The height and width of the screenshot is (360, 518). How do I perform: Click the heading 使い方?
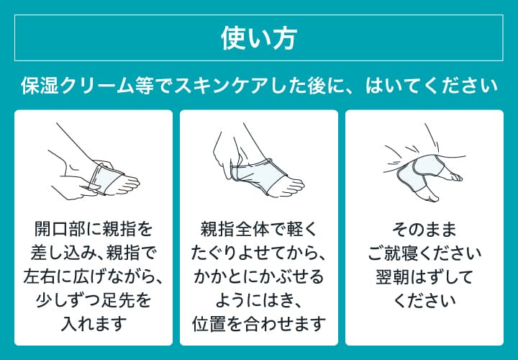point(259,38)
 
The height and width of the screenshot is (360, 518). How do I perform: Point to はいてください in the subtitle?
point(431,86)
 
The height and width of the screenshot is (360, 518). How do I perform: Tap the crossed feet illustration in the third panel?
point(424,163)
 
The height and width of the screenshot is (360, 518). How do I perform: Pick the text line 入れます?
point(94,323)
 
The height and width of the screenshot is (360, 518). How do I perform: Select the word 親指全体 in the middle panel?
point(234,229)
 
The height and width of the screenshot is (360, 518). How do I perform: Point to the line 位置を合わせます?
point(259,323)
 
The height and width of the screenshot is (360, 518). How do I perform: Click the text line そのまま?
point(424,229)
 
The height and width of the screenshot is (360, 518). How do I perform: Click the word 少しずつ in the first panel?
point(68,300)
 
